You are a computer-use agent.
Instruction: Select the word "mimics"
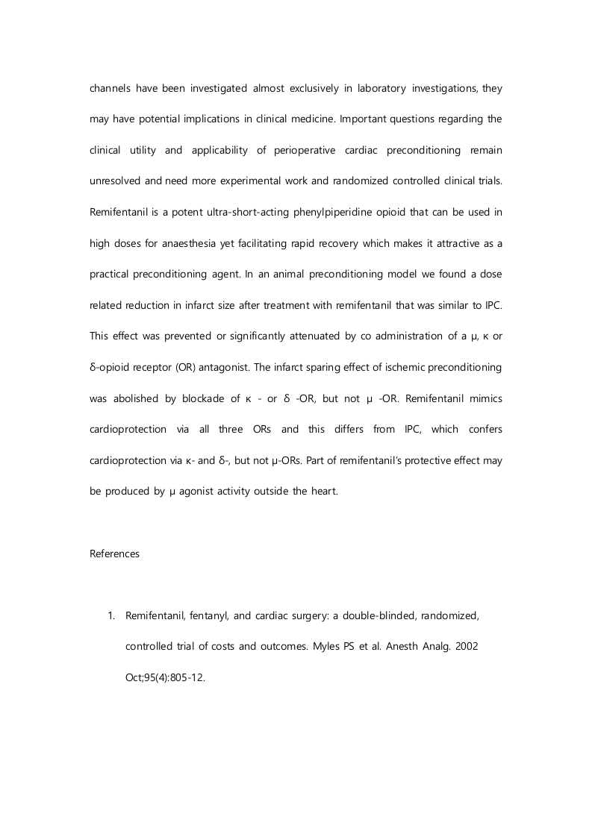[486, 398]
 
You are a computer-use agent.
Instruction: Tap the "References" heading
[114, 554]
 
